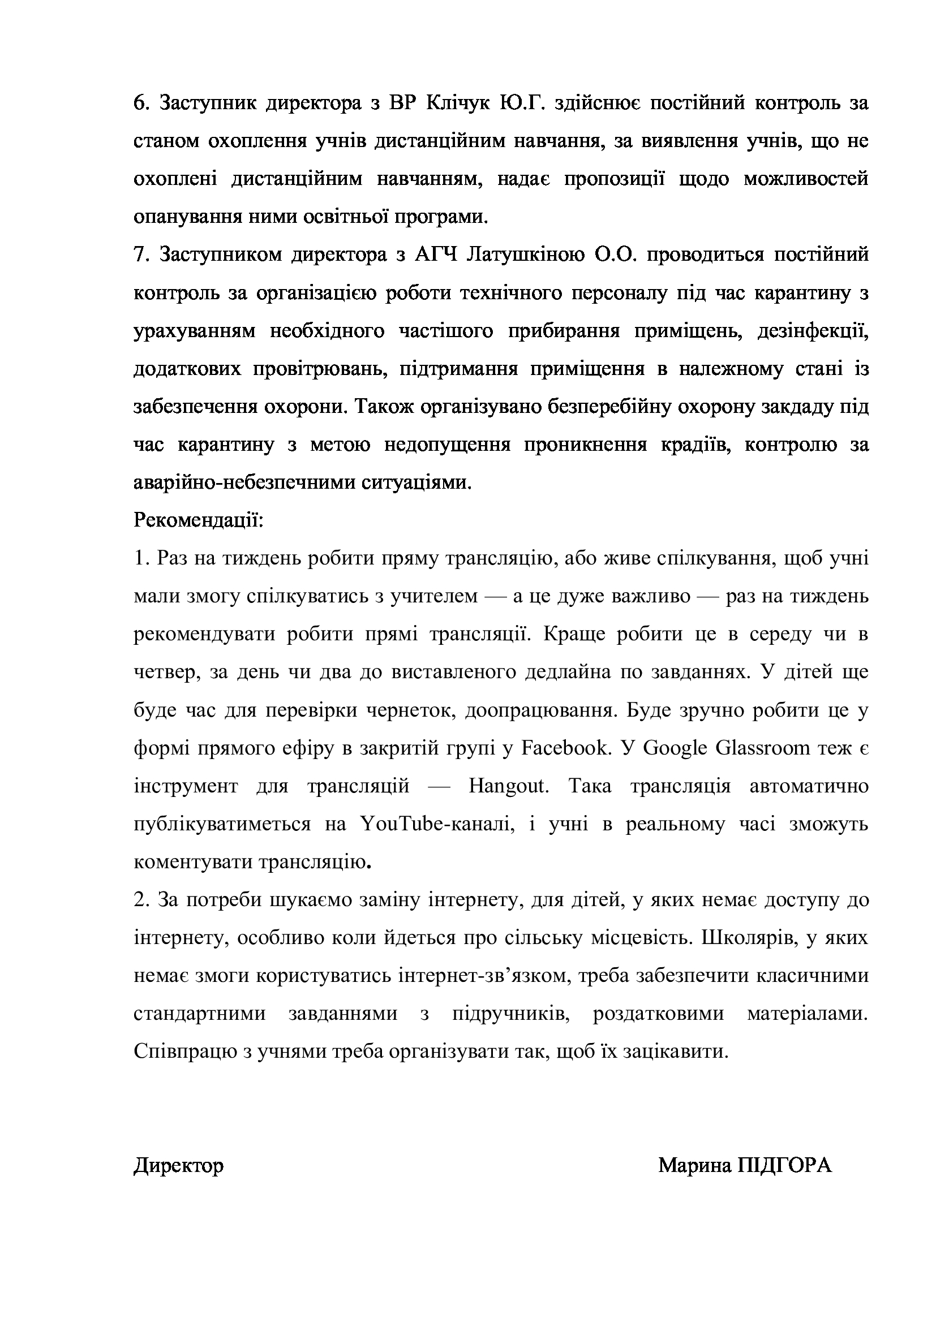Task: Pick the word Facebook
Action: pos(565,748)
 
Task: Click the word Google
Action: pos(674,748)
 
